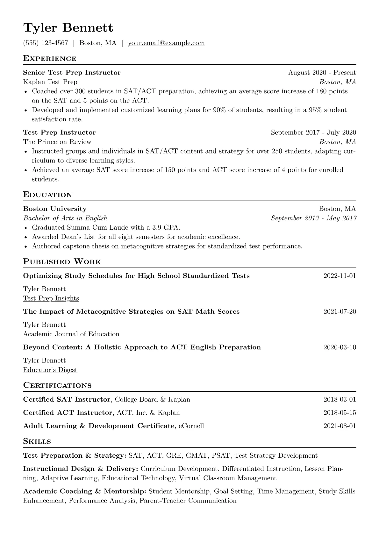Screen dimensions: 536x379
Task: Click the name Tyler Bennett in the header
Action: pyautogui.click(x=68, y=28)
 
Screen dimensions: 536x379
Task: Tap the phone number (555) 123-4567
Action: pyautogui.click(x=46, y=43)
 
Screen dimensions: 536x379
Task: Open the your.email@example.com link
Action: pyautogui.click(x=166, y=43)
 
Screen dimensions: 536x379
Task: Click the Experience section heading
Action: pyautogui.click(x=50, y=59)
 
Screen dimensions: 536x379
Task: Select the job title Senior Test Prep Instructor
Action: pyautogui.click(x=72, y=73)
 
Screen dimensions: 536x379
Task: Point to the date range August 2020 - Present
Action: pyautogui.click(x=322, y=73)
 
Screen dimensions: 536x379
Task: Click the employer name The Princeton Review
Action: pyautogui.click(x=57, y=142)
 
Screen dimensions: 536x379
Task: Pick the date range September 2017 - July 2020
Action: pyautogui.click(x=313, y=132)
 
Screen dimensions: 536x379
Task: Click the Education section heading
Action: pyautogui.click(x=48, y=195)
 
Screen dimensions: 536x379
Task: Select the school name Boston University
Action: pyautogui.click(x=55, y=209)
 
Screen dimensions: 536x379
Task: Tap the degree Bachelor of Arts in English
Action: pyautogui.click(x=65, y=218)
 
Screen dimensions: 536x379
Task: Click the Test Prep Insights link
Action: pyautogui.click(x=51, y=298)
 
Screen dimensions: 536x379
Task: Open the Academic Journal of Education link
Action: pyautogui.click(x=71, y=334)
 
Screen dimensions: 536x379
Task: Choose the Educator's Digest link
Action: pyautogui.click(x=50, y=370)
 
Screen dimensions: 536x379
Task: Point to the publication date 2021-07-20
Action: pyautogui.click(x=340, y=311)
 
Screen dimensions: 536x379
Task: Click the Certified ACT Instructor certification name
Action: pyautogui.click(x=68, y=413)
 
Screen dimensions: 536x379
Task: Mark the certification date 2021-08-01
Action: pyautogui.click(x=340, y=426)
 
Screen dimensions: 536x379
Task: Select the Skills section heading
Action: pyautogui.click(x=37, y=442)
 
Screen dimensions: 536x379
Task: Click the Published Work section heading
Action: pyautogui.click(x=62, y=262)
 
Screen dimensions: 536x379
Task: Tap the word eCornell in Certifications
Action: pyautogui.click(x=191, y=426)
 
